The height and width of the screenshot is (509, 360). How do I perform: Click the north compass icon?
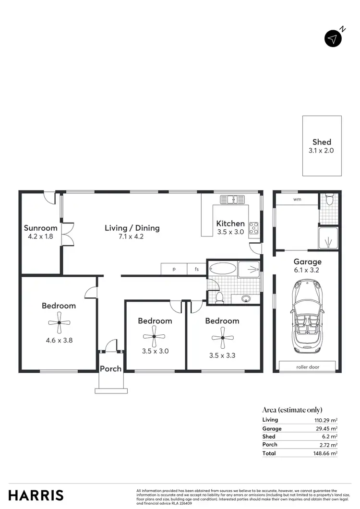(x=333, y=39)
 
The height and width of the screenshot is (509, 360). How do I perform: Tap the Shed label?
(x=322, y=142)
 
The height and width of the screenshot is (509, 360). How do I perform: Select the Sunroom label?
(x=41, y=228)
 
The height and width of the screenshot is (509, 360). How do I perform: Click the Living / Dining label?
(x=132, y=228)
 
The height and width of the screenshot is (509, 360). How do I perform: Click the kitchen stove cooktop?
(x=253, y=228)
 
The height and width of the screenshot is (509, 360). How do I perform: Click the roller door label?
(x=307, y=367)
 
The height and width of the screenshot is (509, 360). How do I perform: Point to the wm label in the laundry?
(x=297, y=199)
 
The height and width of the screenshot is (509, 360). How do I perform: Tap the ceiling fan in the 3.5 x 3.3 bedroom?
(x=222, y=338)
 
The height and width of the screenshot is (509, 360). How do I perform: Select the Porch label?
(x=110, y=368)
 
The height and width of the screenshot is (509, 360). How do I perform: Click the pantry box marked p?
(x=174, y=270)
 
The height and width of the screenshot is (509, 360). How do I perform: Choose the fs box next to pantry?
(x=197, y=270)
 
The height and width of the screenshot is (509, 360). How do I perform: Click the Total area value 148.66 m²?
(x=325, y=453)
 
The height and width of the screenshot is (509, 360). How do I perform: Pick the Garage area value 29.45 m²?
(x=326, y=428)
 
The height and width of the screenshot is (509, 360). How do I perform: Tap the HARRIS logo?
(x=36, y=495)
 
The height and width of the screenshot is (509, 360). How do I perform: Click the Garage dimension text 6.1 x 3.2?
(x=307, y=270)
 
